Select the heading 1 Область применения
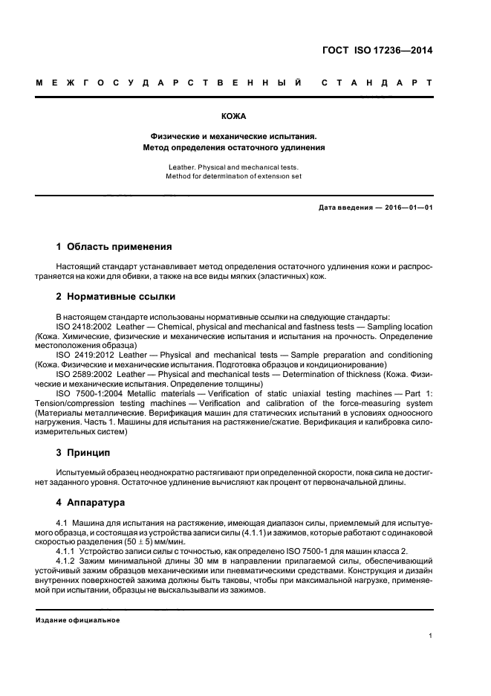point(114,246)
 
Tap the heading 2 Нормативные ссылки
point(116,297)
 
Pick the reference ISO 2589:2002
point(85,374)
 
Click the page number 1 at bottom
point(431,636)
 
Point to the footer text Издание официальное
point(77,620)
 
